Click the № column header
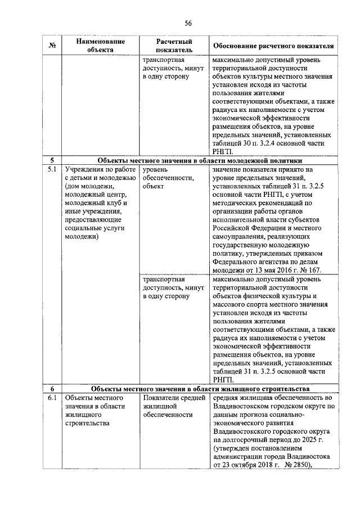[52, 46]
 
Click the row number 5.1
[52, 169]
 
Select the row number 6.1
[52, 398]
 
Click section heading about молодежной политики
[200, 160]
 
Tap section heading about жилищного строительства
[200, 389]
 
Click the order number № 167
[310, 270]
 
